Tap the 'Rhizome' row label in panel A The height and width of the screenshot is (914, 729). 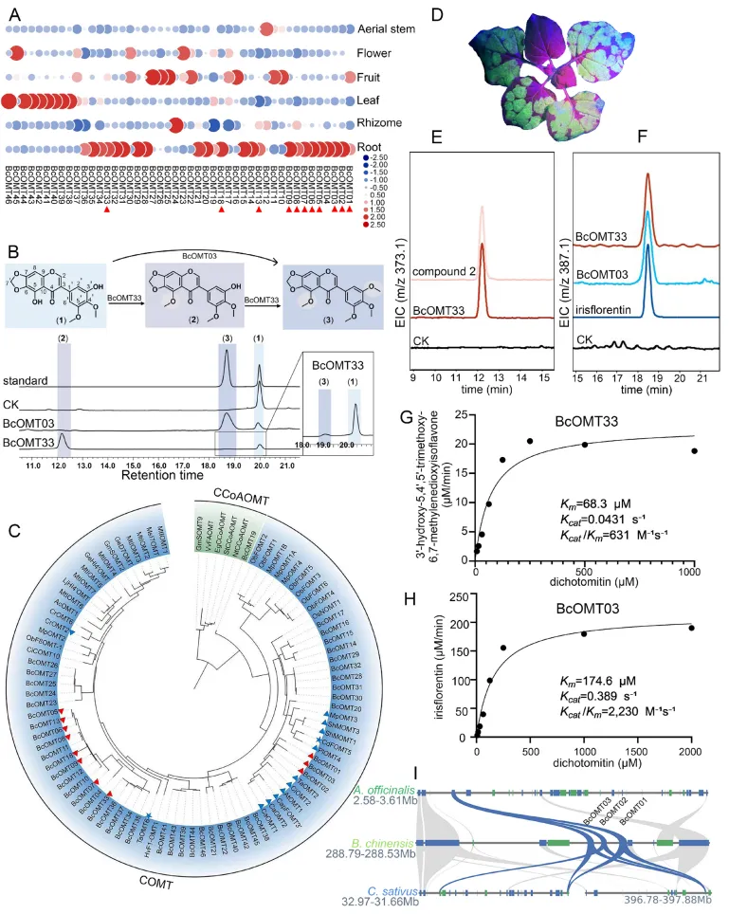[x=381, y=123]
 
